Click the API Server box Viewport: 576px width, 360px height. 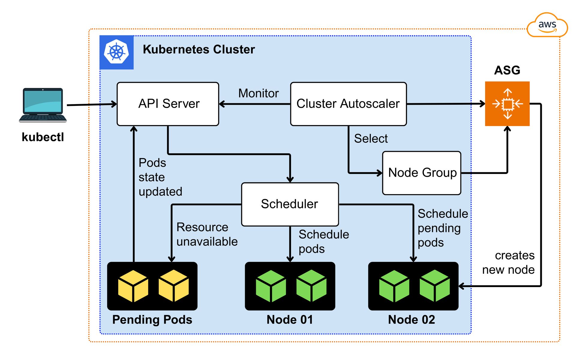[x=168, y=104]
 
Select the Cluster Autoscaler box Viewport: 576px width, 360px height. [x=348, y=104]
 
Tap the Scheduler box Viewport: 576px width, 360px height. [x=290, y=204]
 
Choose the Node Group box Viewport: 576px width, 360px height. [x=421, y=173]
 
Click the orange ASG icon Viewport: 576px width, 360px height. [x=507, y=104]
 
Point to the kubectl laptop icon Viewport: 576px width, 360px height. [x=43, y=105]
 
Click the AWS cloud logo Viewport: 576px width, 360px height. [x=547, y=25]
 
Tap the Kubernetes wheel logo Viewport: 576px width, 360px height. [x=116, y=52]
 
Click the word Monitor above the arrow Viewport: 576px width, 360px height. [x=258, y=93]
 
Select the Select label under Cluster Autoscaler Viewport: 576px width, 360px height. [x=371, y=139]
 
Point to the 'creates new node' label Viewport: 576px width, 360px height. [x=508, y=262]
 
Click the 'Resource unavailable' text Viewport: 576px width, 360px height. [x=207, y=234]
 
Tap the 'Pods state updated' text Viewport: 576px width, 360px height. [x=160, y=177]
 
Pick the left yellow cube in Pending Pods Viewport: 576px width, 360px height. [x=133, y=286]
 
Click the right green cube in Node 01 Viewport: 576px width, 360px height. [x=311, y=286]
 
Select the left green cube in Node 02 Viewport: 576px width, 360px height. [x=394, y=286]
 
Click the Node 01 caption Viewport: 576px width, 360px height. [x=290, y=319]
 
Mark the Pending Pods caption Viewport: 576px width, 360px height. [x=152, y=319]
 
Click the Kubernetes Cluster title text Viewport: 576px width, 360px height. [x=199, y=49]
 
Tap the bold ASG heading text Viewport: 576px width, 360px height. [x=507, y=70]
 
